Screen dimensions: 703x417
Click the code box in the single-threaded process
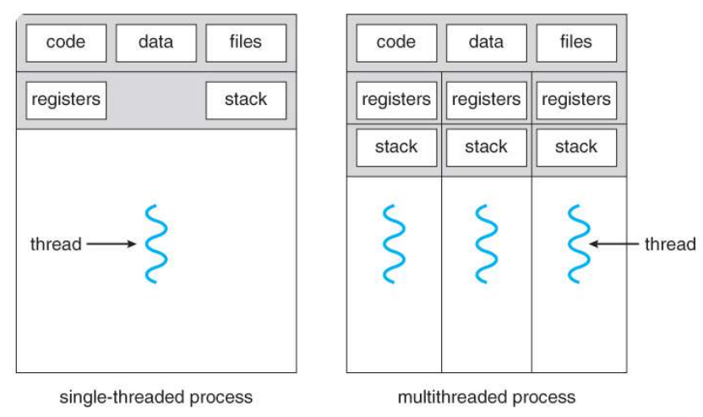(x=66, y=43)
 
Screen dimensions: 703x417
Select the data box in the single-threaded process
(x=156, y=43)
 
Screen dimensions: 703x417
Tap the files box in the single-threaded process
(x=246, y=43)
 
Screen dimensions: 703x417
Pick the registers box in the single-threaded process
(x=66, y=101)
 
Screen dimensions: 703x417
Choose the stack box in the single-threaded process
(x=246, y=101)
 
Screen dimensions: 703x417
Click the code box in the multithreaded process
(x=396, y=43)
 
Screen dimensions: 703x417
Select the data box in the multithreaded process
(x=487, y=43)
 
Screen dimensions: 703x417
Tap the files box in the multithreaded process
(x=576, y=43)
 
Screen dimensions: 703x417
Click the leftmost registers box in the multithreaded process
(x=396, y=101)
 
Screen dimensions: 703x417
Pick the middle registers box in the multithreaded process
(x=487, y=101)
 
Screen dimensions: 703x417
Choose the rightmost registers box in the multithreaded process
(x=576, y=101)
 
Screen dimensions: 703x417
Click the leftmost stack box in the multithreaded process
(x=396, y=148)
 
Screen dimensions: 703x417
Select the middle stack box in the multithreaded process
(x=487, y=148)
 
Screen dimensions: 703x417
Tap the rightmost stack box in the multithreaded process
(x=576, y=148)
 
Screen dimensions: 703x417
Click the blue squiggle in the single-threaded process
(x=156, y=244)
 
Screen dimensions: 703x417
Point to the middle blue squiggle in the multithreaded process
(x=487, y=244)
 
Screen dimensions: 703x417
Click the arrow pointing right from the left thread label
(x=112, y=244)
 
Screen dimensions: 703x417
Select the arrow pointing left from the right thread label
(x=613, y=244)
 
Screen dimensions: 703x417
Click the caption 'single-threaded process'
(x=156, y=398)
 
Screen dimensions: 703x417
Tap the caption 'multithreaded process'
(x=487, y=398)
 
